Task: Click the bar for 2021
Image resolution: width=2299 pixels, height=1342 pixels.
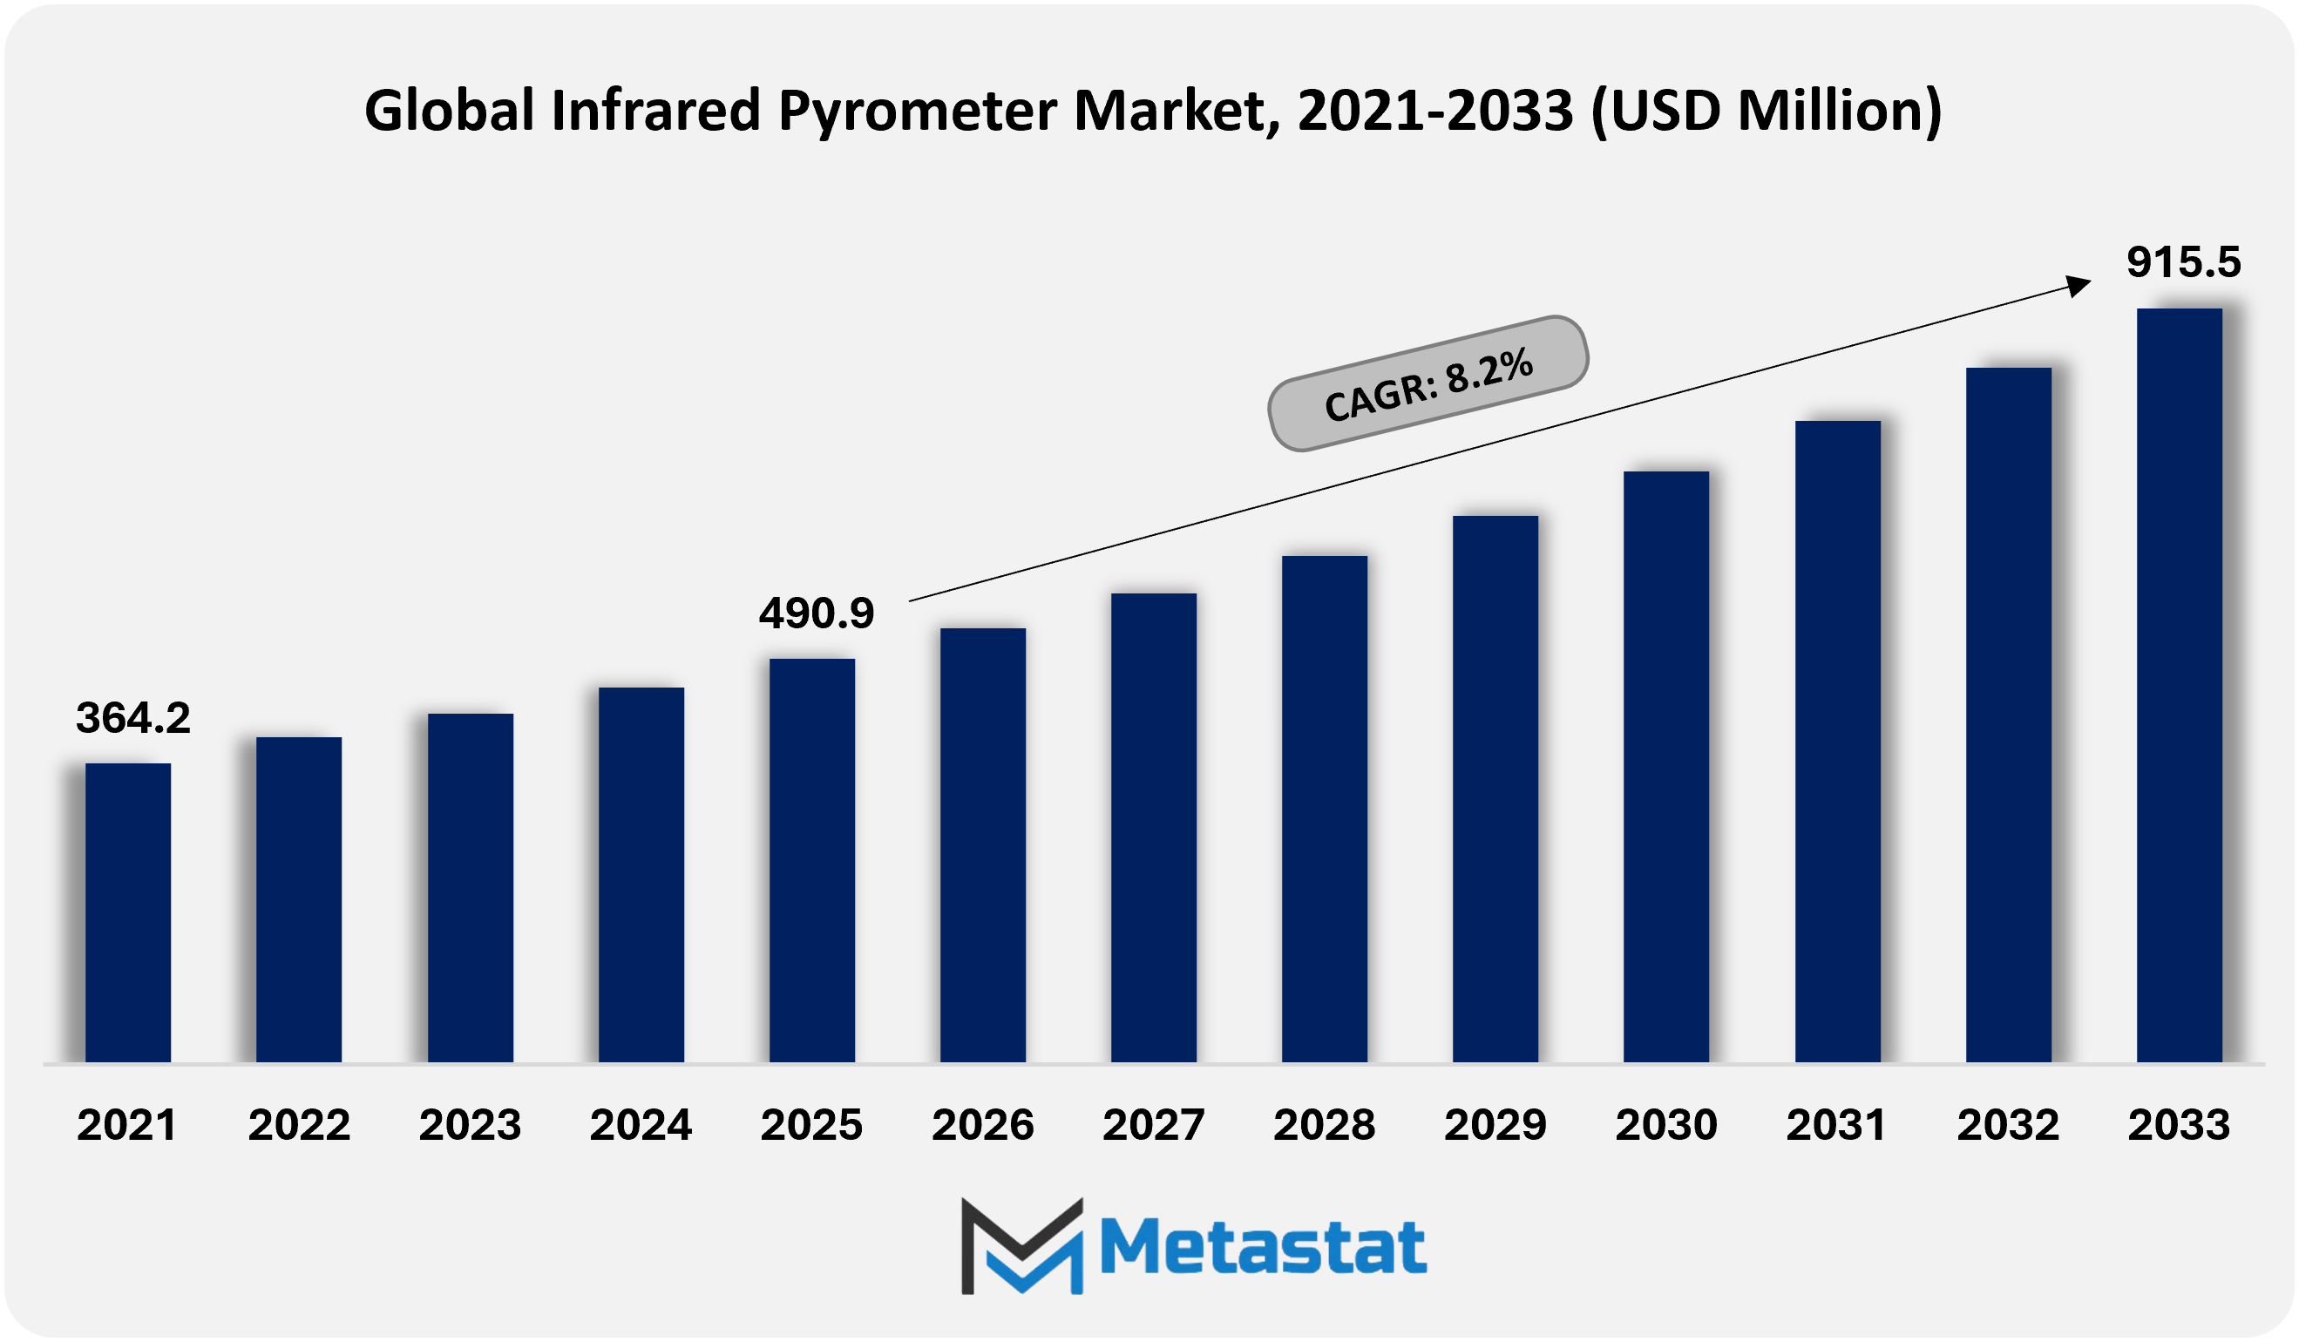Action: pyautogui.click(x=128, y=912)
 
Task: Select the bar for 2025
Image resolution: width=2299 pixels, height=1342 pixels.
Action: pyautogui.click(x=812, y=860)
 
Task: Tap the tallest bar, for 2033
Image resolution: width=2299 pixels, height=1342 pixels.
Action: pyautogui.click(x=2180, y=685)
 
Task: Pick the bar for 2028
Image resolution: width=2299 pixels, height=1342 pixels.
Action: pyautogui.click(x=1325, y=810)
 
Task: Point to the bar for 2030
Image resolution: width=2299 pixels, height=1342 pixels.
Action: pyautogui.click(x=1666, y=767)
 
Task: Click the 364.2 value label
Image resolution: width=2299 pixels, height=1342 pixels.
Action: pyautogui.click(x=133, y=718)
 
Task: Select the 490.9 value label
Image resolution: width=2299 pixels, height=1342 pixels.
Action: pyautogui.click(x=817, y=613)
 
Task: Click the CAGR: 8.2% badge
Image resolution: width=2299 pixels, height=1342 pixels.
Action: pyautogui.click(x=1428, y=383)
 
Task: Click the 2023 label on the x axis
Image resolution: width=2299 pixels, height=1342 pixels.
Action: pyautogui.click(x=470, y=1125)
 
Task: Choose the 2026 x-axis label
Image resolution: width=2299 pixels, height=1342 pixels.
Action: pyautogui.click(x=982, y=1125)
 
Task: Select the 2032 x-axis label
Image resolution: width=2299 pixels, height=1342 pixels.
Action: pyautogui.click(x=2008, y=1125)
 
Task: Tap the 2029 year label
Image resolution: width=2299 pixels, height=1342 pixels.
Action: pyautogui.click(x=1495, y=1125)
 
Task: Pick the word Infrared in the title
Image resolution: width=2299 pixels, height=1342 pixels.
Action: pyautogui.click(x=655, y=110)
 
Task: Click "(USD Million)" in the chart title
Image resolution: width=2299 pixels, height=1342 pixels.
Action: pyautogui.click(x=1767, y=112)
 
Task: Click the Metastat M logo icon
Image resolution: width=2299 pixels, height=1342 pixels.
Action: pyautogui.click(x=1021, y=1246)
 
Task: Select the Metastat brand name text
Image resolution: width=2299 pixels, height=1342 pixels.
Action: pyautogui.click(x=1264, y=1246)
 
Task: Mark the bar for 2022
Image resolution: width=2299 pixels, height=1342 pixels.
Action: pyautogui.click(x=299, y=899)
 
